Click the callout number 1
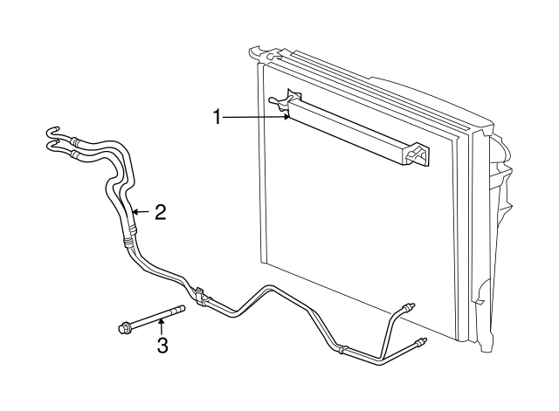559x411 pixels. click(x=217, y=117)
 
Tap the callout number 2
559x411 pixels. click(x=160, y=212)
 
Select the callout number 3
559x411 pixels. click(x=162, y=346)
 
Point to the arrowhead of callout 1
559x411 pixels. click(x=287, y=117)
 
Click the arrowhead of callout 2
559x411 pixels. click(x=135, y=212)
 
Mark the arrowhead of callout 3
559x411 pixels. click(x=161, y=321)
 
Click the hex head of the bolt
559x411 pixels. click(x=123, y=327)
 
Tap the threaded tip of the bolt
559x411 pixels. click(x=182, y=308)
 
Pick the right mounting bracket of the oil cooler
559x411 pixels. click(x=417, y=154)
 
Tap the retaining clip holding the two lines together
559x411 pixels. click(x=200, y=295)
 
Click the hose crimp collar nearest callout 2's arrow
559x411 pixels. click(x=132, y=229)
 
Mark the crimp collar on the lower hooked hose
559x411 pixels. click(x=74, y=154)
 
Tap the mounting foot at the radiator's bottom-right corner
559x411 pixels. click(x=486, y=343)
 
